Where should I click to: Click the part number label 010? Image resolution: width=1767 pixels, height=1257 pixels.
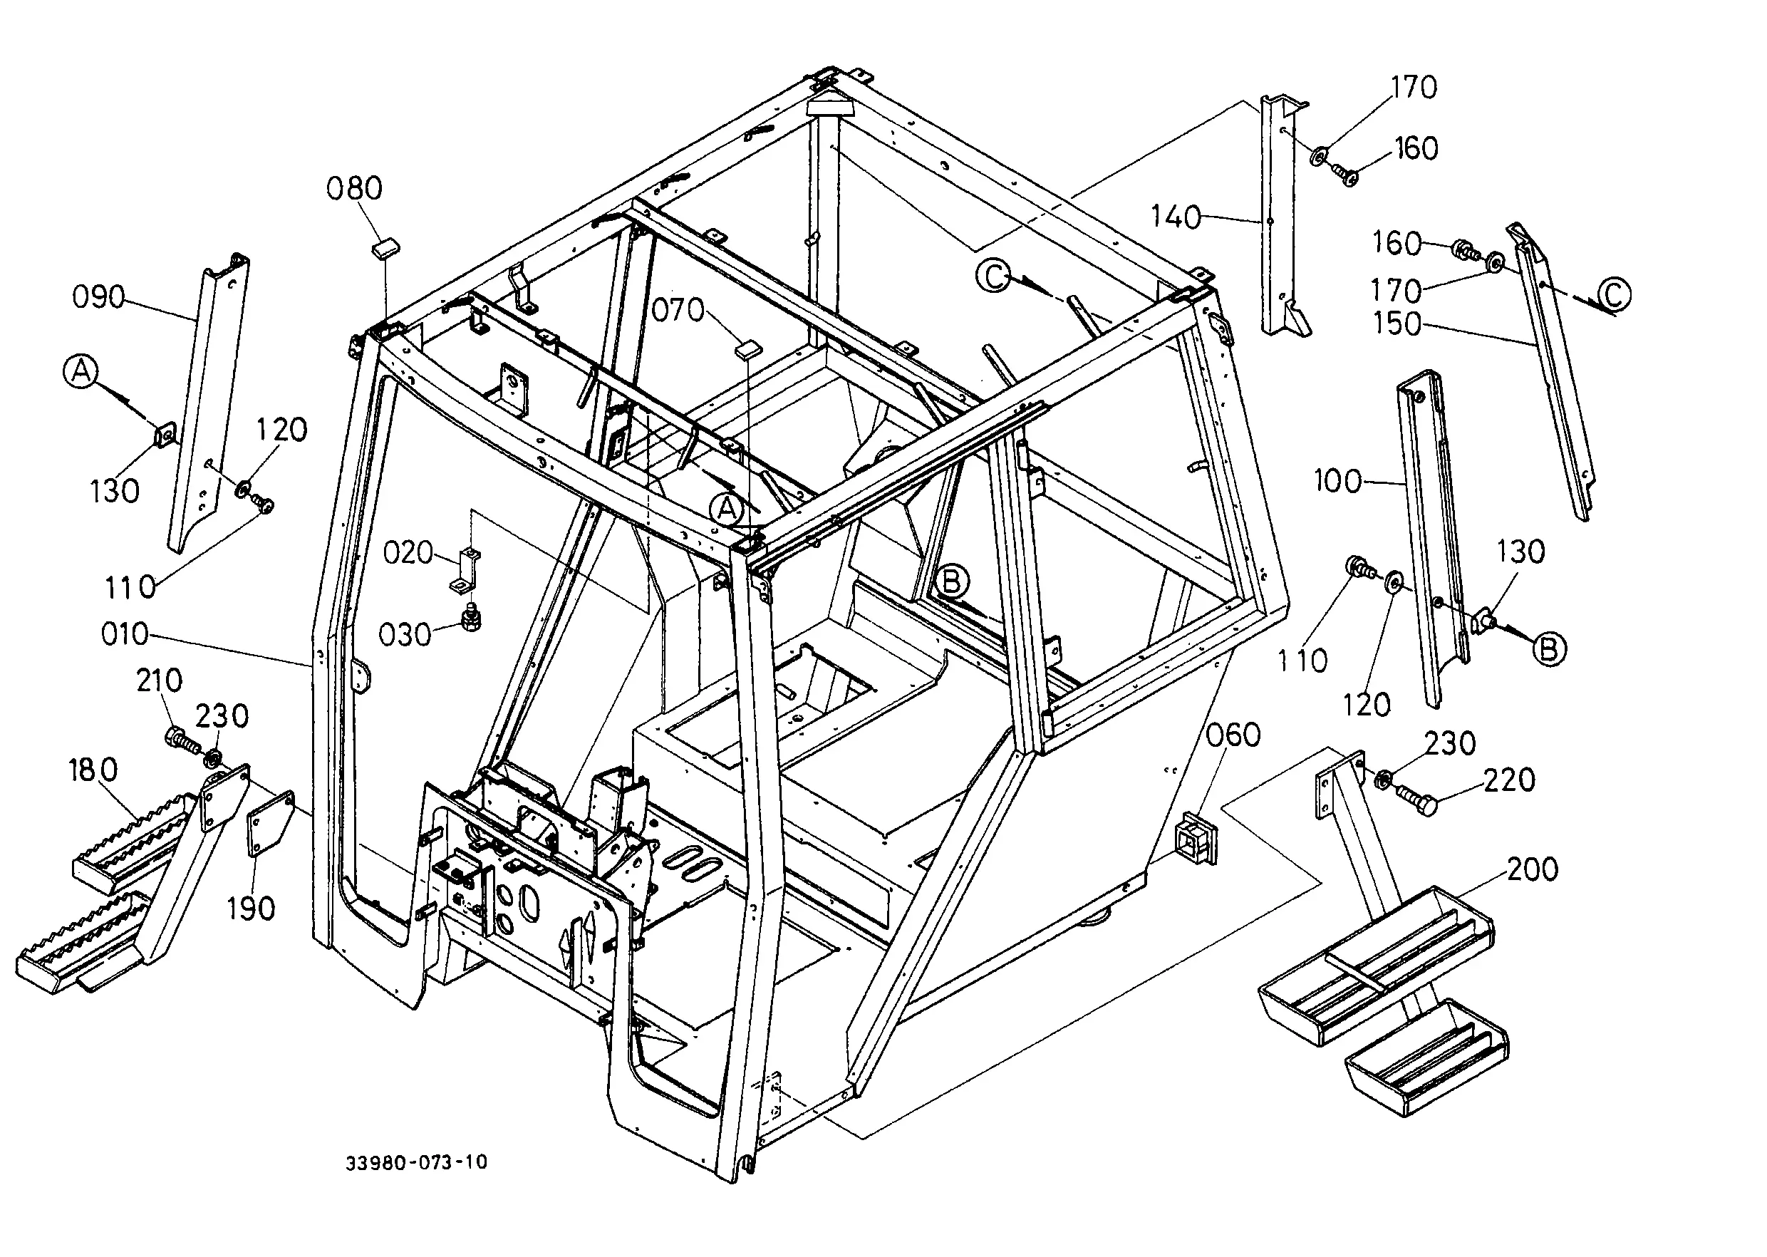tap(125, 634)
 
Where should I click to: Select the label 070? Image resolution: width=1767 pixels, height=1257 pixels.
tap(678, 311)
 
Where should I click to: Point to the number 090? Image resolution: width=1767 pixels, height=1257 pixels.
tap(98, 296)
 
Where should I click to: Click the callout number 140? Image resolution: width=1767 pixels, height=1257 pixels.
tap(1176, 217)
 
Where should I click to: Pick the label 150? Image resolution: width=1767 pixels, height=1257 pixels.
tap(1397, 323)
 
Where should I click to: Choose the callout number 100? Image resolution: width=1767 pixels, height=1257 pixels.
tap(1338, 482)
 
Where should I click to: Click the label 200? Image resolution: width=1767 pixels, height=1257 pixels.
tap(1533, 869)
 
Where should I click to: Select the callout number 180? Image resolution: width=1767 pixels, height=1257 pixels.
tap(93, 770)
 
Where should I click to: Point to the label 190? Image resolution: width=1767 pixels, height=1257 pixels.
tap(251, 909)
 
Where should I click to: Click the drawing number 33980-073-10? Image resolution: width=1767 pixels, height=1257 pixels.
tap(416, 1162)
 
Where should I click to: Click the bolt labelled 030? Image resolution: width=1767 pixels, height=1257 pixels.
tap(470, 619)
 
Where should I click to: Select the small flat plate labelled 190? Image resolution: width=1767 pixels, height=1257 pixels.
tap(269, 824)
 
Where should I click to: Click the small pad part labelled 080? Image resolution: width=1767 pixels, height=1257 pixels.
tap(385, 249)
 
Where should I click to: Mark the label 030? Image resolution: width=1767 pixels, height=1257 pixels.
tap(404, 635)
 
